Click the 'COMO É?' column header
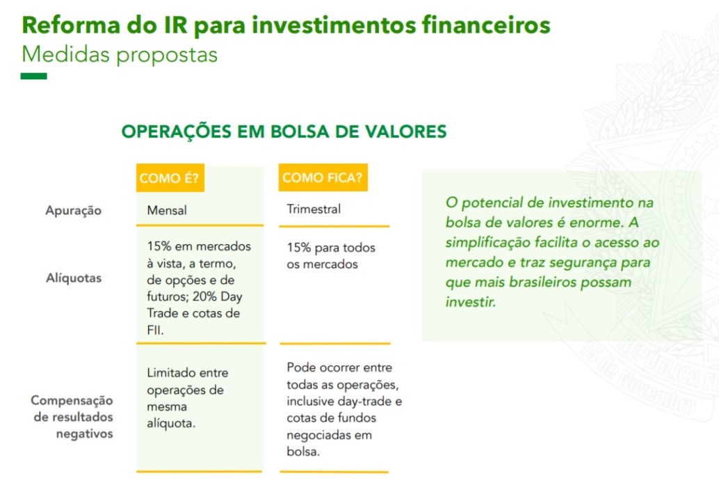tap(170, 177)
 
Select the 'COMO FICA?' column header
tap(323, 177)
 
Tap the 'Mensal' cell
tap(167, 210)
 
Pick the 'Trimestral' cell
tap(314, 209)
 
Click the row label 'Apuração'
tap(74, 211)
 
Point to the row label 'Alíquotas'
tap(74, 278)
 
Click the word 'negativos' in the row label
tap(84, 434)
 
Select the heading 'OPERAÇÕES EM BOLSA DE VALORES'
tap(284, 132)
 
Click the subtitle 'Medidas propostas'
tap(120, 55)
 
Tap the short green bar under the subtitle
tap(33, 76)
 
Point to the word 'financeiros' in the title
tap(486, 24)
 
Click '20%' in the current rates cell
tap(204, 296)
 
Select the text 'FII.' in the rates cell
tap(155, 330)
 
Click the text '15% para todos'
tap(331, 248)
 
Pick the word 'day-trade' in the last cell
tap(365, 401)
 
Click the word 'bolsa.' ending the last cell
tap(303, 452)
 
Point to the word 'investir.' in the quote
tap(471, 302)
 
